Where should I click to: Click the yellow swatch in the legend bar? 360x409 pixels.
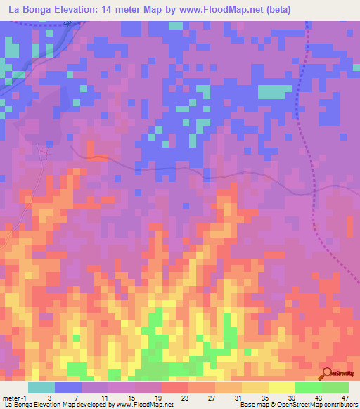coord(281,387)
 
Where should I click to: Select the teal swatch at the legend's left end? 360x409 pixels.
coord(41,387)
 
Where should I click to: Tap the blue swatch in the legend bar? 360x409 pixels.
coord(67,387)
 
